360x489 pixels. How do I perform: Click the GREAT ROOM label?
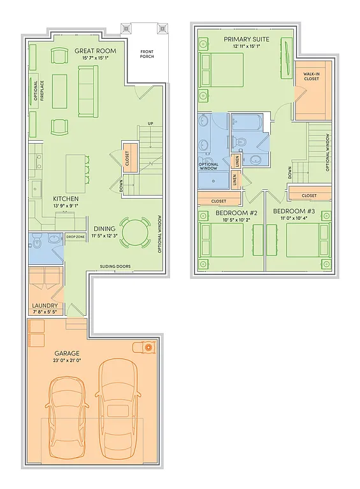pyautogui.click(x=94, y=50)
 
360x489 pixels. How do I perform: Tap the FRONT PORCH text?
pyautogui.click(x=147, y=53)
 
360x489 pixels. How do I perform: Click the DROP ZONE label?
pyautogui.click(x=75, y=237)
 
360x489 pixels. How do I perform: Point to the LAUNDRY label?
pyautogui.click(x=45, y=306)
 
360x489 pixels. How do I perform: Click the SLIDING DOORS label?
pyautogui.click(x=115, y=266)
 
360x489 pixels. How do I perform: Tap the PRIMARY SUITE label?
pyautogui.click(x=246, y=39)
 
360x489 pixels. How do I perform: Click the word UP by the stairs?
pyautogui.click(x=150, y=124)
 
